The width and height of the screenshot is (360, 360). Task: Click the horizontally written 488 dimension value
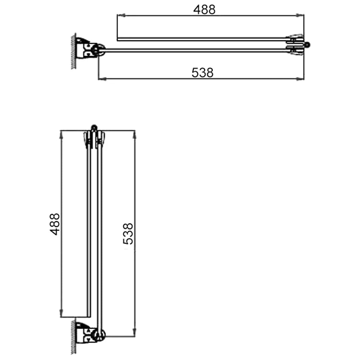pos(204,9)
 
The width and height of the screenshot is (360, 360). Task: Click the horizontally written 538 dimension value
pos(202,72)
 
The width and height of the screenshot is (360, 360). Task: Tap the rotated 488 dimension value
pos(54,224)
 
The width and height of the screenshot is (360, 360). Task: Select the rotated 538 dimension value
pos(128,233)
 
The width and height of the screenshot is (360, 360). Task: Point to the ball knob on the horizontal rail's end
pos(308,45)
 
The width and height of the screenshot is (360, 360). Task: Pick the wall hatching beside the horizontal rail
pos(73,51)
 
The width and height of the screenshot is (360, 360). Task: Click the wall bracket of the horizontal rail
pos(86,49)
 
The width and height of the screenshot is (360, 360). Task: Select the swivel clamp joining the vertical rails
pos(94,139)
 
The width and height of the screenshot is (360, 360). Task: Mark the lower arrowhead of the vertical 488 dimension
pos(62,314)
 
